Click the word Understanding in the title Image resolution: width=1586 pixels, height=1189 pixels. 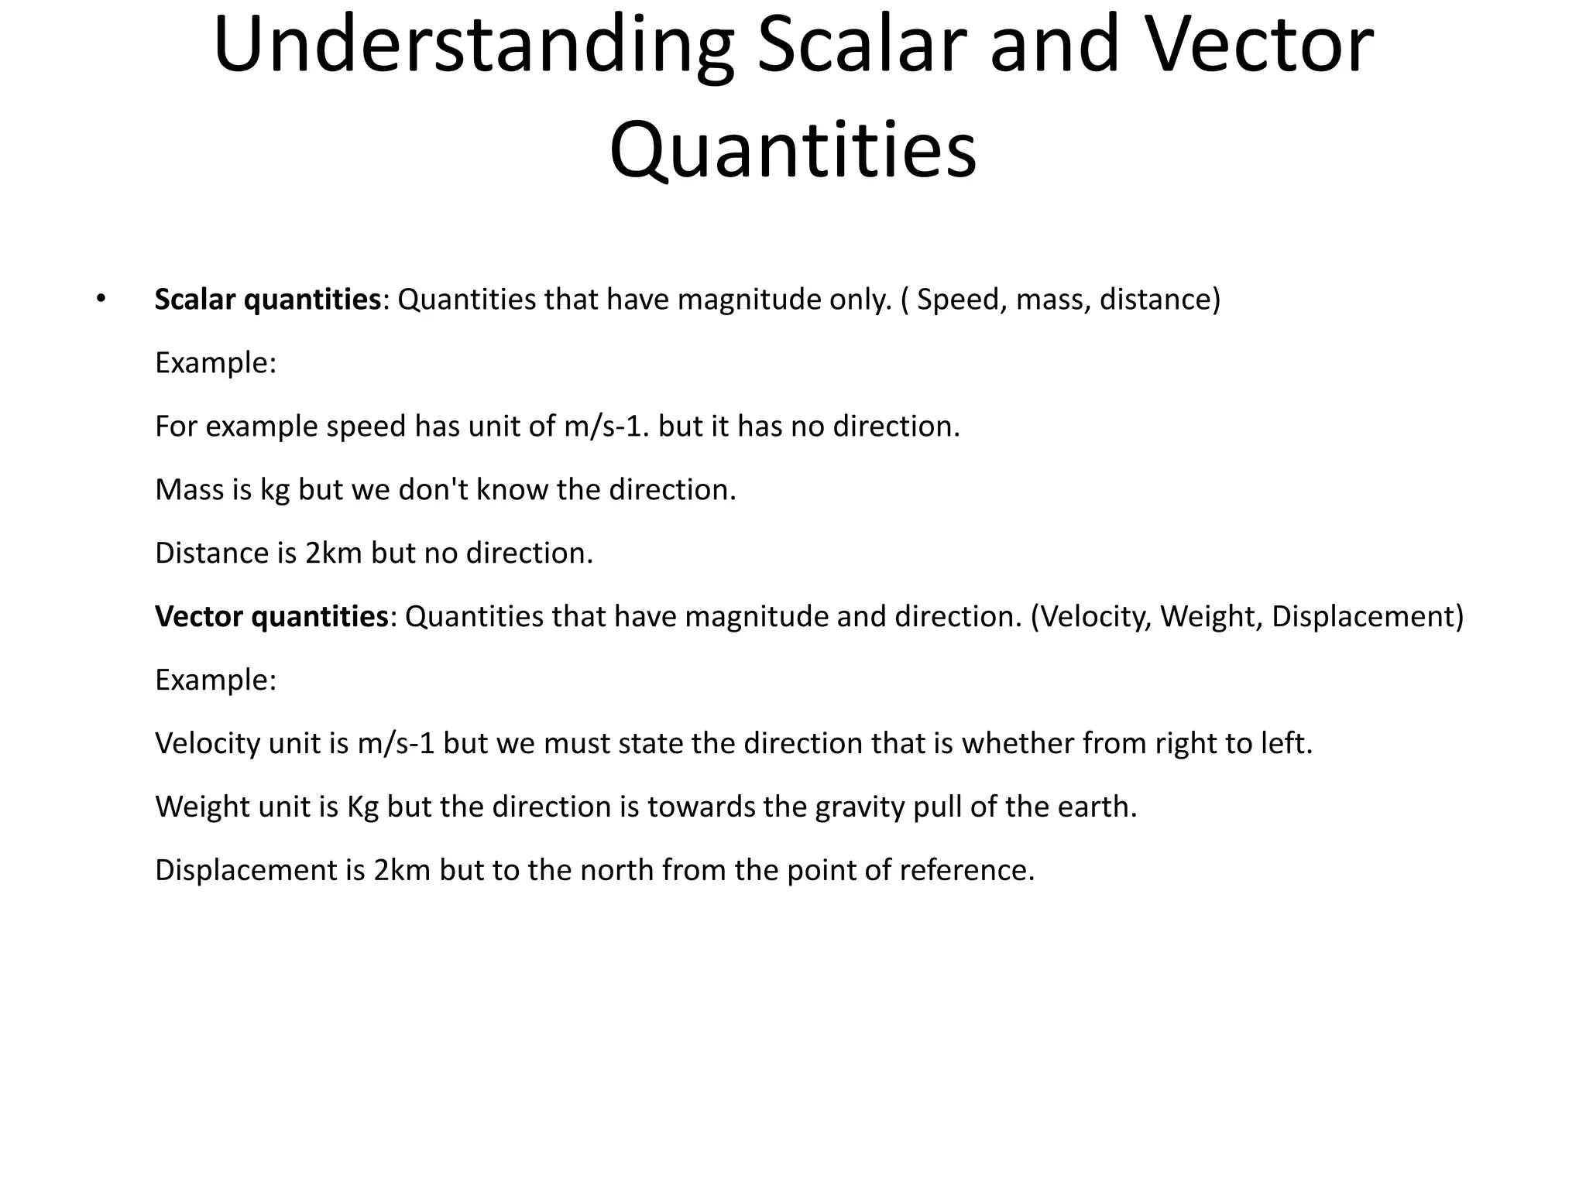click(473, 46)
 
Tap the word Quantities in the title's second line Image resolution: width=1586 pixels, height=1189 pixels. click(792, 149)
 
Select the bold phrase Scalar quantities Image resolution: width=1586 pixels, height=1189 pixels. click(268, 300)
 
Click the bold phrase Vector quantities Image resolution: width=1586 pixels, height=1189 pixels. click(271, 616)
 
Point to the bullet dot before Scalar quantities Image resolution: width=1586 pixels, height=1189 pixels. click(100, 299)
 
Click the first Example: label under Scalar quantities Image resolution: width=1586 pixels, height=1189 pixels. click(215, 362)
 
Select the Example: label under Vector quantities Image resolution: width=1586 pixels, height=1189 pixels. click(215, 680)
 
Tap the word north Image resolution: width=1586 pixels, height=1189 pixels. click(616, 870)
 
